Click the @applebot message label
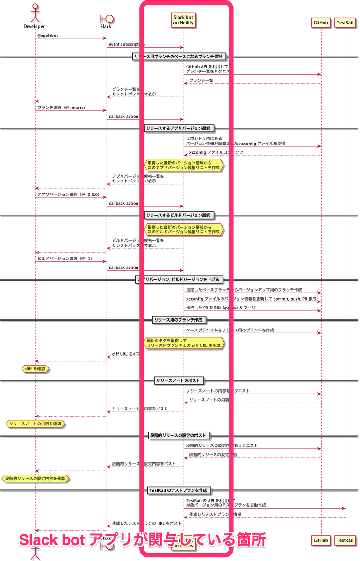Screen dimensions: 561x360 (47, 35)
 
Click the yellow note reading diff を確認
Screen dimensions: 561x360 (36, 369)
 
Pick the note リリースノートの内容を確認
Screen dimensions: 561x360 (36, 424)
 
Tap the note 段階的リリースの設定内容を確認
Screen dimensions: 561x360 (36, 478)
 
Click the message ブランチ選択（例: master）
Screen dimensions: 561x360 (62, 108)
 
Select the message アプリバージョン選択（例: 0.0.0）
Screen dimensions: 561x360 (68, 194)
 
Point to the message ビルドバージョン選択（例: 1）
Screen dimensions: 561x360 (65, 259)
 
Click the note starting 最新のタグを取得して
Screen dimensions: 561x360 (184, 343)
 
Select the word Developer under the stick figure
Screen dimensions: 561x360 (34, 27)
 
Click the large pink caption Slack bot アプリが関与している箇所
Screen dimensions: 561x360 (142, 540)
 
